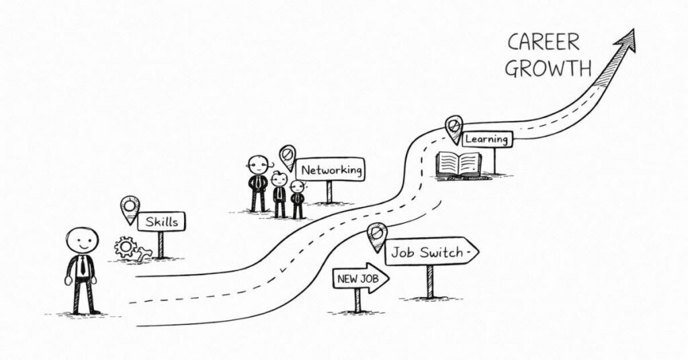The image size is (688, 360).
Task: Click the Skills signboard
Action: tap(161, 222)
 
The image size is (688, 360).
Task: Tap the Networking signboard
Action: tap(330, 169)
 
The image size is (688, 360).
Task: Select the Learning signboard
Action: tap(487, 139)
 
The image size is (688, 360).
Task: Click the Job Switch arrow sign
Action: tap(432, 252)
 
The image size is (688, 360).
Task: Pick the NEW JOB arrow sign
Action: tap(361, 278)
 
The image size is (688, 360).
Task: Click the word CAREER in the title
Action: tap(543, 43)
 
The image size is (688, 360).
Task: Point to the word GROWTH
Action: tap(548, 69)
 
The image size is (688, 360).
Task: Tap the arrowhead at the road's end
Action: tap(626, 42)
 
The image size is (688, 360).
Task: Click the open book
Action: tap(458, 165)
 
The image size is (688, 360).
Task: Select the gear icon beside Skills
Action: tap(126, 246)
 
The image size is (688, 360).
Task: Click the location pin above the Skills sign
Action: tap(130, 209)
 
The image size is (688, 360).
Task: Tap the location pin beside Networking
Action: tap(288, 157)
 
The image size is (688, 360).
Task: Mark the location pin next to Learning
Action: tap(454, 129)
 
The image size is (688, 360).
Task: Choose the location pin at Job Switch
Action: tap(376, 236)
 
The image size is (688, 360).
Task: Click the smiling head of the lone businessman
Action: tap(82, 240)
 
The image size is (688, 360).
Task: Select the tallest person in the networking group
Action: tap(258, 183)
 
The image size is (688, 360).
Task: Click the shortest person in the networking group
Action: tap(298, 199)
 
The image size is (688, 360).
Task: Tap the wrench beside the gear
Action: tap(143, 254)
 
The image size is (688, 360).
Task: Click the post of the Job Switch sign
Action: tap(430, 282)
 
